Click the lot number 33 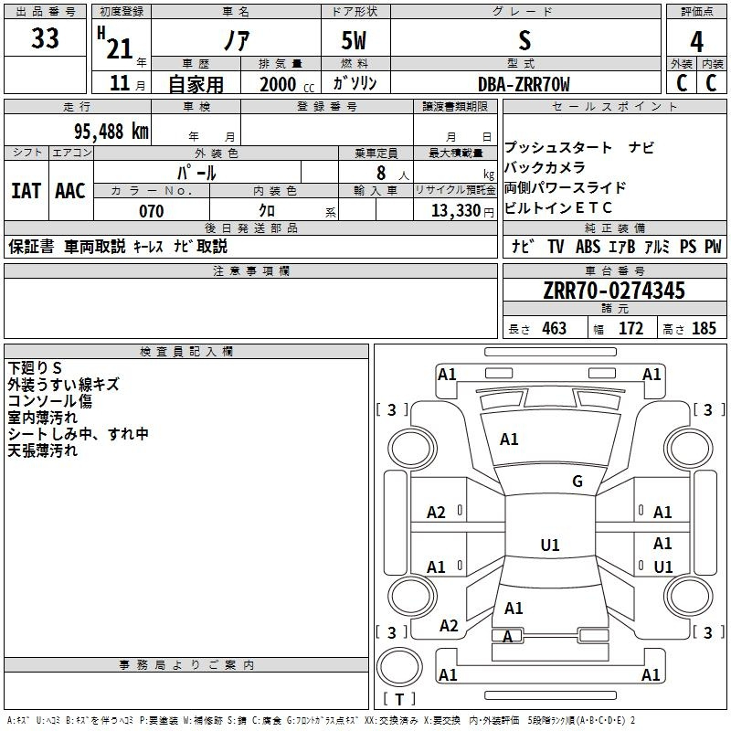(45, 38)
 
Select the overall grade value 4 (696, 42)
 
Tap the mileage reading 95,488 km (111, 132)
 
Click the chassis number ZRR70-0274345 (614, 291)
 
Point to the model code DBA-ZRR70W (524, 84)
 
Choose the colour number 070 (152, 211)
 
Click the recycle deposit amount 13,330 (456, 211)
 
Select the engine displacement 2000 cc (287, 84)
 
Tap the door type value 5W (354, 40)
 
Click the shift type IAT (26, 191)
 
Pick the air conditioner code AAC (70, 191)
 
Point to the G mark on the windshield (577, 481)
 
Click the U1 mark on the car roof (550, 545)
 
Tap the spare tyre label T (399, 699)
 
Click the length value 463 (555, 328)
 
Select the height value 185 (704, 328)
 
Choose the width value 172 (630, 328)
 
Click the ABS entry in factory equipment (588, 246)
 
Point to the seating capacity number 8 (381, 173)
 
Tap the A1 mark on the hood (509, 439)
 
